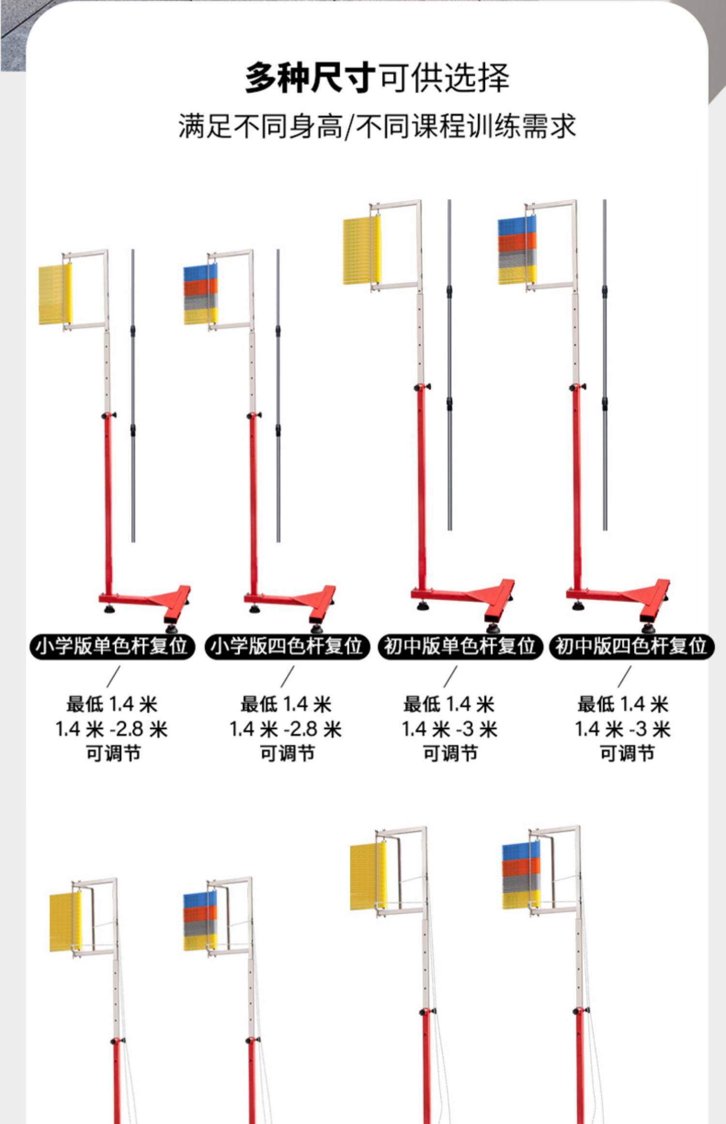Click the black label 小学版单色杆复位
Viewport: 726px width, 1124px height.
pyautogui.click(x=112, y=646)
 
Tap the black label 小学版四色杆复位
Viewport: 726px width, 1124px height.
pyautogui.click(x=287, y=646)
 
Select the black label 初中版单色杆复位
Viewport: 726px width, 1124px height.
pyautogui.click(x=459, y=646)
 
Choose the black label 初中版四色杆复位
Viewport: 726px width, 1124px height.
pyautogui.click(x=631, y=646)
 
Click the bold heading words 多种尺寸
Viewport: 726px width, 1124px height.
pyautogui.click(x=310, y=77)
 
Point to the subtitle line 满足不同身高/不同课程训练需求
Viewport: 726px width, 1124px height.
pyautogui.click(x=377, y=126)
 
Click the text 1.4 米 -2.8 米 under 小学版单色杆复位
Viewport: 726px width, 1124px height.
pyautogui.click(x=112, y=729)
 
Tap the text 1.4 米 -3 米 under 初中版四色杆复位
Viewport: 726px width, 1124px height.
pyautogui.click(x=622, y=729)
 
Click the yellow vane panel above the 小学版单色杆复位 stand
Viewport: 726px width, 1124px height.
pyautogui.click(x=55, y=294)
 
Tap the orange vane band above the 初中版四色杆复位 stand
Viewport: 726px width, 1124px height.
pyautogui.click(x=517, y=242)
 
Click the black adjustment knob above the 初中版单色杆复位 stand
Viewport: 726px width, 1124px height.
pyautogui.click(x=421, y=387)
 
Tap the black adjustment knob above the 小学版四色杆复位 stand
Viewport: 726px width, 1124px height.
pyautogui.click(x=252, y=416)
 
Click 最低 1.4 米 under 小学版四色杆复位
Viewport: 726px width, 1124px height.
pyautogui.click(x=286, y=704)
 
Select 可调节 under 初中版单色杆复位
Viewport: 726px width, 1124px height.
pyautogui.click(x=450, y=753)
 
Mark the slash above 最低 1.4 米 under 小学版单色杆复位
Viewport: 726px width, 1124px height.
pyautogui.click(x=113, y=677)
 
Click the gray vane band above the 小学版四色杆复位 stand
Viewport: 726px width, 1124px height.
pyautogui.click(x=200, y=301)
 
